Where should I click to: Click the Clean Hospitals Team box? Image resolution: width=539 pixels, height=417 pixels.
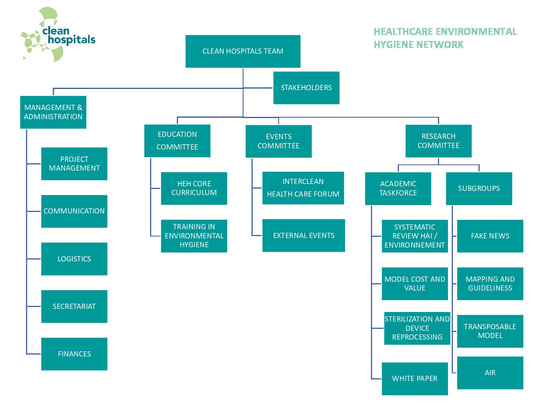(x=243, y=51)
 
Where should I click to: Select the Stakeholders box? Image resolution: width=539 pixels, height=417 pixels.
(x=306, y=88)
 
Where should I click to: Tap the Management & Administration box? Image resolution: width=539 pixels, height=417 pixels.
(x=53, y=112)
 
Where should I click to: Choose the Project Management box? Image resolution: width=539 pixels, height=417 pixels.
(x=74, y=164)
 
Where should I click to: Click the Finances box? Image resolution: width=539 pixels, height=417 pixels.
(x=74, y=354)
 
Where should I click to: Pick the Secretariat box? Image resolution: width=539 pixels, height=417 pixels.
(x=74, y=306)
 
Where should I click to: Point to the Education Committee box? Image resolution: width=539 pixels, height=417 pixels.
(x=177, y=141)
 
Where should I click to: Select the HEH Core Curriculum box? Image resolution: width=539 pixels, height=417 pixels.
(x=194, y=188)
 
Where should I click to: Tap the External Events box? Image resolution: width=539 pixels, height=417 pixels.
(x=304, y=235)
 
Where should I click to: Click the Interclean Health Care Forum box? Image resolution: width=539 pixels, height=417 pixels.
(x=303, y=188)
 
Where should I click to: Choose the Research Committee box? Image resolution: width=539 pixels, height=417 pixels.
(x=438, y=141)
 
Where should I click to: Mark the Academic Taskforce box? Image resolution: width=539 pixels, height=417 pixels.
(x=398, y=189)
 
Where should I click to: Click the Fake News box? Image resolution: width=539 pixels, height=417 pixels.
(x=490, y=236)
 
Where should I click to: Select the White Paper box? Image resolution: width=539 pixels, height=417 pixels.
(x=415, y=379)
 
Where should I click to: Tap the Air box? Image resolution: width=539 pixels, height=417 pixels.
(x=490, y=373)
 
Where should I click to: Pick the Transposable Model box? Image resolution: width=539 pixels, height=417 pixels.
(x=490, y=331)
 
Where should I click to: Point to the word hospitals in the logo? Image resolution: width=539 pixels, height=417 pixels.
(x=72, y=40)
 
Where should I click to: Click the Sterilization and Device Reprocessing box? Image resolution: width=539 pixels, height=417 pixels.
(x=417, y=328)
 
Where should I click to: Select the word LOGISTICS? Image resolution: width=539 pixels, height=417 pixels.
(x=74, y=259)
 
